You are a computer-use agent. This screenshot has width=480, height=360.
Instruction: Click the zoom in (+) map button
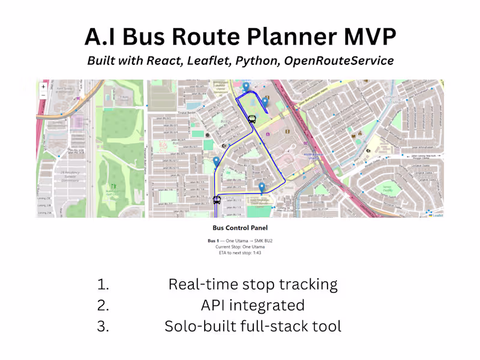pos(43,86)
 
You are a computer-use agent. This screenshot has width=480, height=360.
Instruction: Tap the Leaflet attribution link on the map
pos(437,215)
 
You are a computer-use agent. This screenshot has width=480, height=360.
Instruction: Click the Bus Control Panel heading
pos(240,228)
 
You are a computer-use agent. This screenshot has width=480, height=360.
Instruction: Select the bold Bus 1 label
pos(212,241)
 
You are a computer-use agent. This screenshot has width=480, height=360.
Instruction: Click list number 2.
pos(103,305)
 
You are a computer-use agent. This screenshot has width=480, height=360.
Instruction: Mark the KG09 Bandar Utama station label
pos(313,155)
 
